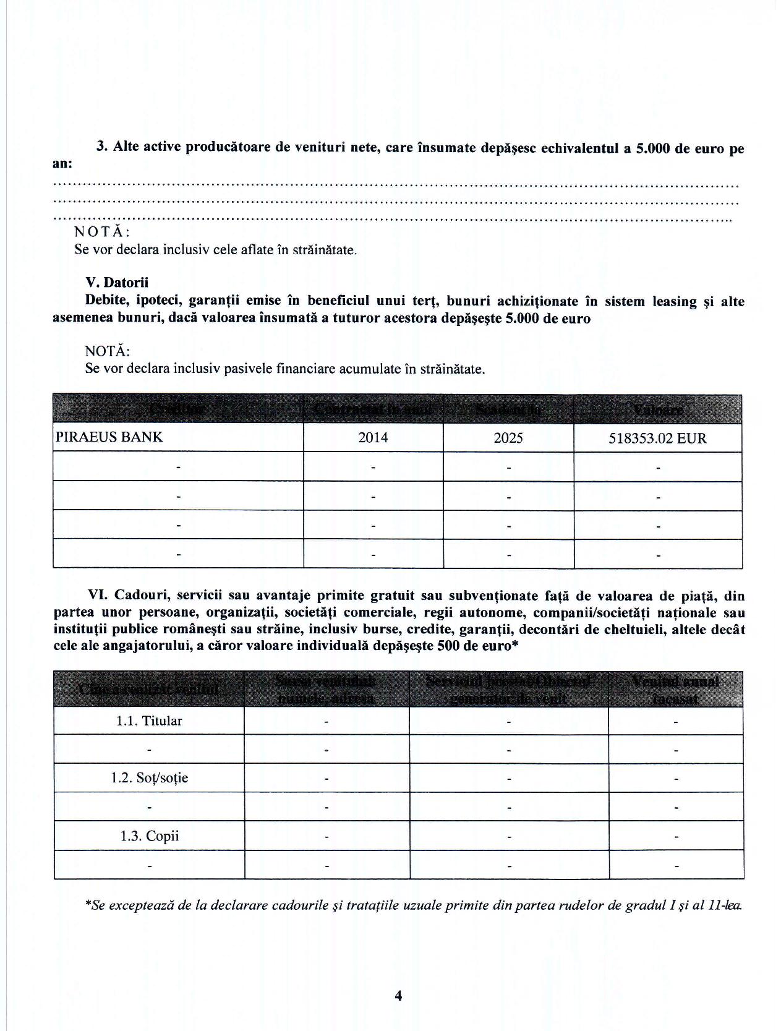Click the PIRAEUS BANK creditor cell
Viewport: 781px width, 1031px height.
point(109,437)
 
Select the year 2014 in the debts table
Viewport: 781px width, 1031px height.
point(373,438)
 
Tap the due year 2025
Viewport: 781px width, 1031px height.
point(508,438)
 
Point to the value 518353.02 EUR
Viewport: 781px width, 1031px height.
point(657,438)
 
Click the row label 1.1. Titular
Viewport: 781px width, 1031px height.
point(149,721)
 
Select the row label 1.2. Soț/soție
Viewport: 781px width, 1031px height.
point(149,778)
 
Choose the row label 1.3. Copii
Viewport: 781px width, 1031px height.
point(149,836)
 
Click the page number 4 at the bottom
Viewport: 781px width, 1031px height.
point(398,995)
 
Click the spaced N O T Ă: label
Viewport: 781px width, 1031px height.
point(102,232)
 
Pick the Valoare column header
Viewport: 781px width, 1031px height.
point(657,409)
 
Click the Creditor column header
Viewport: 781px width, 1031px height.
point(177,409)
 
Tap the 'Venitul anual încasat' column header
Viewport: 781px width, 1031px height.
point(675,689)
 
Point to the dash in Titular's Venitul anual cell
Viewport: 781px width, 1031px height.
point(676,722)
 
